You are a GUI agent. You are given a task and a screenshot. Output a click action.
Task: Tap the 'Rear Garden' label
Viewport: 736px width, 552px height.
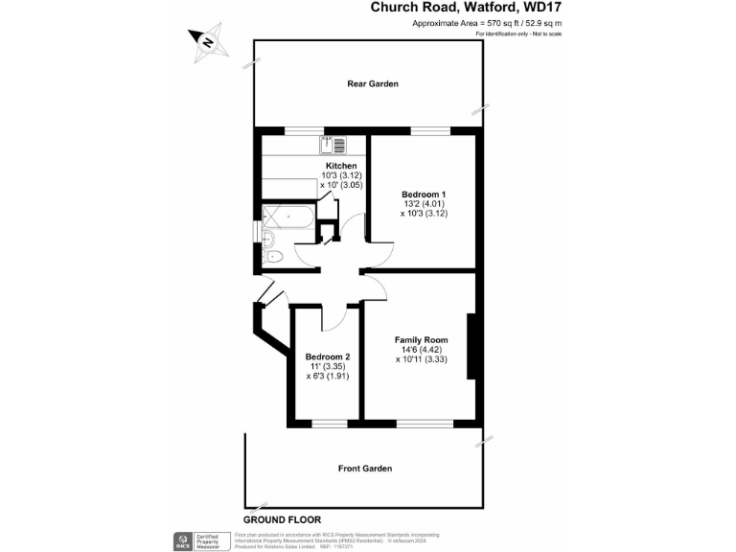coord(373,84)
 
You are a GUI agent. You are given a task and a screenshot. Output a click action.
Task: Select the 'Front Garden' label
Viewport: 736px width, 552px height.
coord(365,469)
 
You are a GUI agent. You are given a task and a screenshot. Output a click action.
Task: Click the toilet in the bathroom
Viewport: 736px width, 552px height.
coord(271,256)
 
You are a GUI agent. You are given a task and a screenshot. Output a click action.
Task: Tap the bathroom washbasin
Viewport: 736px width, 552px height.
coord(268,237)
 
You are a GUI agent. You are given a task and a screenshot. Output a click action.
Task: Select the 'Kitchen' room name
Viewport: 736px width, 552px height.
coord(341,166)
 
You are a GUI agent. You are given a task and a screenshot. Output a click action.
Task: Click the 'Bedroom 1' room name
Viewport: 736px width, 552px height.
coord(424,195)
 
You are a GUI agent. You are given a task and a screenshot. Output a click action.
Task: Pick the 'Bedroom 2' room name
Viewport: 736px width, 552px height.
coord(328,357)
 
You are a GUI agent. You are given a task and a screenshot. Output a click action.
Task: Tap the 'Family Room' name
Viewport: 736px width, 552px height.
coord(422,340)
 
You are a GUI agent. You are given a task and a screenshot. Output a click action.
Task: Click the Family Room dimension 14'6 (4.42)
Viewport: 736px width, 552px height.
coord(422,350)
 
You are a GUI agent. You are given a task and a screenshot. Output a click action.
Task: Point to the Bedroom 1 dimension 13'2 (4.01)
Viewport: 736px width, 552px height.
coord(424,204)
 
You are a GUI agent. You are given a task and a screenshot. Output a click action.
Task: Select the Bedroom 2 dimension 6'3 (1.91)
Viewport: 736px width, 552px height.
coord(328,377)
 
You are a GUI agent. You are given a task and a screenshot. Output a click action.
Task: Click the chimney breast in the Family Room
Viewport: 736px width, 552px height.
coord(471,346)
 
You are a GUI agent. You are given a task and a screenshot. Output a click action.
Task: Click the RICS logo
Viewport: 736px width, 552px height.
coord(180,540)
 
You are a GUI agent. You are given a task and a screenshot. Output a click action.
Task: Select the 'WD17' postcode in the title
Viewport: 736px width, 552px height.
coord(540,7)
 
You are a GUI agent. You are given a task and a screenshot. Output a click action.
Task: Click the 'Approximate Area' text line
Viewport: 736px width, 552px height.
coord(487,23)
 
